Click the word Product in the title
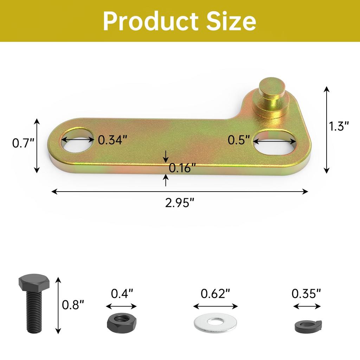point(150,21)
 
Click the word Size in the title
point(231,21)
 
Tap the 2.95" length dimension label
point(180,203)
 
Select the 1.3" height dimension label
point(339,126)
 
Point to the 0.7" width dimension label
point(23,143)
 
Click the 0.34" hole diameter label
point(112,140)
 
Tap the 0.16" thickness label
point(182,168)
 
